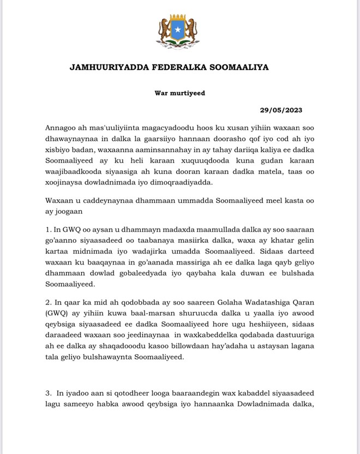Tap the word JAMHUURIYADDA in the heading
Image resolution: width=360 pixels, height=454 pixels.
click(104, 67)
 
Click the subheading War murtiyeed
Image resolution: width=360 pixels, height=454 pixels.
click(179, 93)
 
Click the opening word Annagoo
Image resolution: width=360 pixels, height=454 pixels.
click(62, 127)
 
